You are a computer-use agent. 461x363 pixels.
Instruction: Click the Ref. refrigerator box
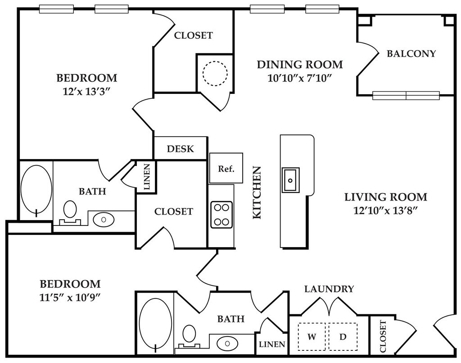pos(226,168)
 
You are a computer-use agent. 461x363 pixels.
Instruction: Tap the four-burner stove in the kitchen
pos(221,215)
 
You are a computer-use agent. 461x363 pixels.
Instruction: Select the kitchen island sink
pos(290,180)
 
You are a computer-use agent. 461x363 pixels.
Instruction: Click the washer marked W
pos(312,336)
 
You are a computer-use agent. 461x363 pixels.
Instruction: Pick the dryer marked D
pos(343,336)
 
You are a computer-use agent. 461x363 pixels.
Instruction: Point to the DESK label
pos(180,149)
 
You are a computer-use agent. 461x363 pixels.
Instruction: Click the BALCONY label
pos(411,54)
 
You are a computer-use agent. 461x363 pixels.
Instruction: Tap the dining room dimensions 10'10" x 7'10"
pos(300,78)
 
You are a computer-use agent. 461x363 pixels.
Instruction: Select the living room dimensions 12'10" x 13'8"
pos(385,211)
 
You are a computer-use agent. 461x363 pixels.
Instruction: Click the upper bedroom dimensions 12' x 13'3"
pos(86,92)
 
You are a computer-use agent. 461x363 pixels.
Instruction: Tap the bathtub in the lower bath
pos(155,324)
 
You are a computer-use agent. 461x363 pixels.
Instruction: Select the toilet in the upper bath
pos(70,212)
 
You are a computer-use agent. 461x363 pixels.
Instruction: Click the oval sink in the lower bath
pos(227,343)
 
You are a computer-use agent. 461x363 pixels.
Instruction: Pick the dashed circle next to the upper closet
pos(215,74)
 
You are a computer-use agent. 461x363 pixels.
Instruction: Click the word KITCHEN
pos(257,193)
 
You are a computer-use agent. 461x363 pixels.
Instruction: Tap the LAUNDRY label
pos(329,289)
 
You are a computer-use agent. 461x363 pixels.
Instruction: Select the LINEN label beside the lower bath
pos(272,344)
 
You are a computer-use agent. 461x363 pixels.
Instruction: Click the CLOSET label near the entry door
pos(383,336)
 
